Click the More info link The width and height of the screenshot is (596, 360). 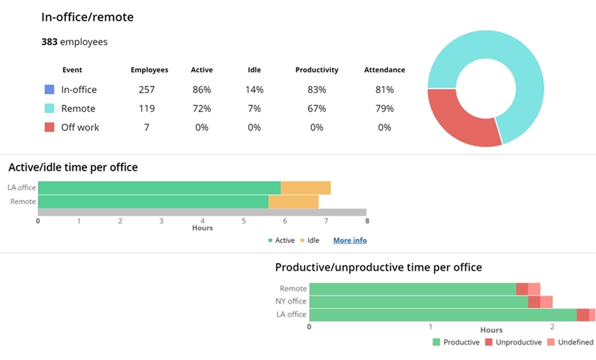click(350, 240)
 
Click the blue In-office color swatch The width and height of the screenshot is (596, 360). click(49, 89)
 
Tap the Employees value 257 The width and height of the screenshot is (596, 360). click(147, 89)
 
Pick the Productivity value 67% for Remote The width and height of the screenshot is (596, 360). click(316, 108)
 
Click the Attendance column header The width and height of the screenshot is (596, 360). click(384, 70)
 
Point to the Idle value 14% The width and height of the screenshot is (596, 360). click(254, 89)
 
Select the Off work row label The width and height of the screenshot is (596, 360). click(80, 127)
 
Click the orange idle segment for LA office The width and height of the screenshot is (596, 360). click(305, 188)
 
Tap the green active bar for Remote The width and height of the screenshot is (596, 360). click(153, 201)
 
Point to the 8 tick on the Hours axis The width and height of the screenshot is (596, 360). click(367, 221)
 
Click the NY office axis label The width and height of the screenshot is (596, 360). click(291, 302)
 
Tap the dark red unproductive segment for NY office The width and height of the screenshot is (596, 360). click(534, 302)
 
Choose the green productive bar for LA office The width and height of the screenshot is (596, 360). click(442, 314)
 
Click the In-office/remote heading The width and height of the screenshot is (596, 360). click(88, 17)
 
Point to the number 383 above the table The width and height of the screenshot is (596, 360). click(49, 42)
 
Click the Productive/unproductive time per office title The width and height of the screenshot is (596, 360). click(378, 267)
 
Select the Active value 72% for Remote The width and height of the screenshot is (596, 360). click(201, 108)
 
